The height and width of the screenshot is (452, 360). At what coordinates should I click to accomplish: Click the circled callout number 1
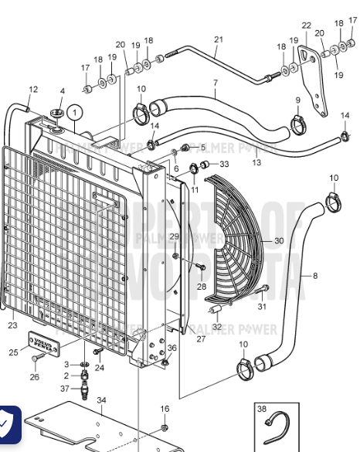point(74,112)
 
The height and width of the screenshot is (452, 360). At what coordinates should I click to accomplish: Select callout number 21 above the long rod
point(218,39)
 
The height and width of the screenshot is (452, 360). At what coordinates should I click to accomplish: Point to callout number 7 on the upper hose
point(215,83)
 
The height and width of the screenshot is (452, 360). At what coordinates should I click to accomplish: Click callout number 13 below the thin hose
point(256,163)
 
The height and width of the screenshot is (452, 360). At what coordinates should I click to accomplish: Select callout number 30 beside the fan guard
point(279,241)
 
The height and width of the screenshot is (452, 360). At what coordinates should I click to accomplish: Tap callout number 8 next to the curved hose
point(314,276)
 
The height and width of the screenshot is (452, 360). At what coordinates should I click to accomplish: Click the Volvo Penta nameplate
point(43,342)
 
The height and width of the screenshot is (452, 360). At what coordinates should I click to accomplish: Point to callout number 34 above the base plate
point(101,400)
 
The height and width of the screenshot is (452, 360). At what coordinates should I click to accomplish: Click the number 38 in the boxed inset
point(261,410)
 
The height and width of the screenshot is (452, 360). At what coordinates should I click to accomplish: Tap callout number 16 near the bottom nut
point(164,409)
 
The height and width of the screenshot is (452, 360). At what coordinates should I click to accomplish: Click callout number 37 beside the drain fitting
point(65,388)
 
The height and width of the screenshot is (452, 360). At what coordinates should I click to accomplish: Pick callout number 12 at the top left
point(32,90)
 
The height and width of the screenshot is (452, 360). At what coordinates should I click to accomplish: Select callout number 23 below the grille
point(12,325)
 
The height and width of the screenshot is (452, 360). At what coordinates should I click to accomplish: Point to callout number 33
point(224,164)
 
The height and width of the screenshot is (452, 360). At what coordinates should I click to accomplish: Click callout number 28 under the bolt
point(201,286)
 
